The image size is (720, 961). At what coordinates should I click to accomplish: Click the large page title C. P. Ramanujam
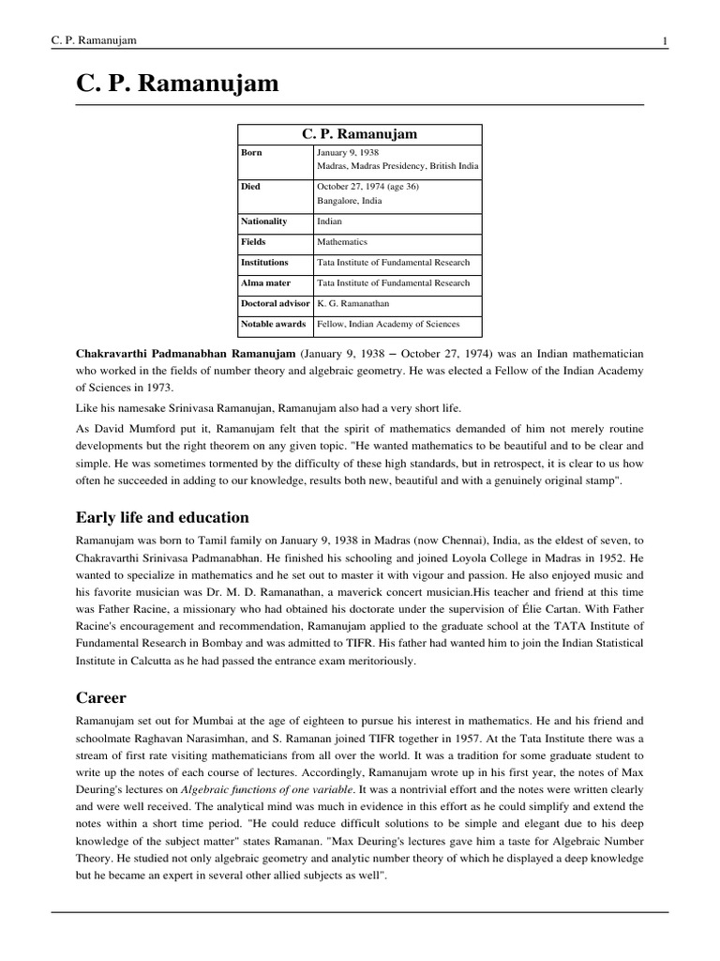coord(177,84)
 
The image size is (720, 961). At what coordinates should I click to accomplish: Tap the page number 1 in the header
coord(664,39)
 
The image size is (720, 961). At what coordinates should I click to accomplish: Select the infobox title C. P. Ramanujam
coord(359,134)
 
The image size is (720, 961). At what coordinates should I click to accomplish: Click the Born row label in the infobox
coord(252,152)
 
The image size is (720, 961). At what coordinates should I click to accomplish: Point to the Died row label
coord(252,187)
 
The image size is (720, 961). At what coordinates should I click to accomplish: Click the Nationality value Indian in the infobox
coord(330,221)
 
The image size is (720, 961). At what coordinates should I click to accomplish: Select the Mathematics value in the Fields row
coord(342,242)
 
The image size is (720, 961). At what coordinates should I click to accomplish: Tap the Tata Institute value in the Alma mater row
coord(393,283)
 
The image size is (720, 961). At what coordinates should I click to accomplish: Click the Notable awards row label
coord(273,325)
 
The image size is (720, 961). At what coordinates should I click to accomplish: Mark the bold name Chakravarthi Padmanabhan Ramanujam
coord(185,354)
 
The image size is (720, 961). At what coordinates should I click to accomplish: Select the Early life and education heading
coord(162,517)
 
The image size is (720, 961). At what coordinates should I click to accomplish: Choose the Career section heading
coord(100,699)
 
